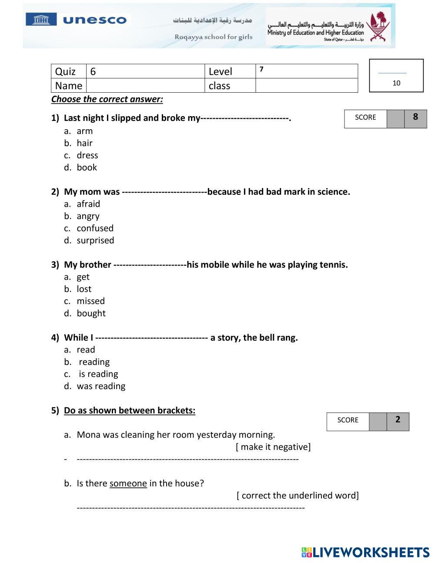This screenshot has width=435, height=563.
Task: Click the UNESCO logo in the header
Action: (x=77, y=20)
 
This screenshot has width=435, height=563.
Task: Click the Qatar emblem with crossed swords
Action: (x=377, y=27)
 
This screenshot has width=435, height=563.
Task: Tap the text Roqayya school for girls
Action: (x=213, y=37)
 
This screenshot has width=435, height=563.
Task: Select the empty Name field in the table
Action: (x=145, y=86)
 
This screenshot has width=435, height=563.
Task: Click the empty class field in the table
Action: (x=306, y=86)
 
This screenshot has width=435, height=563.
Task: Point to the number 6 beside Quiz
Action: (x=93, y=72)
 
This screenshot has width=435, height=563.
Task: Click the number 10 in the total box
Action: (x=396, y=83)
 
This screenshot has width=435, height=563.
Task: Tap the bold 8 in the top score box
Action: (x=415, y=117)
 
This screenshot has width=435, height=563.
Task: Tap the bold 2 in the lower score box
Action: (x=398, y=420)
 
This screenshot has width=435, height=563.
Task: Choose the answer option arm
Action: (x=84, y=131)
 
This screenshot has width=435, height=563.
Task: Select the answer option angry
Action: (x=88, y=216)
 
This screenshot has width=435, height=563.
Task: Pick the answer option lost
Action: (x=84, y=289)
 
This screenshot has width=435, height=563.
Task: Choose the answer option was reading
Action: (x=101, y=386)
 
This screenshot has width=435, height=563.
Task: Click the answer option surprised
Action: (x=95, y=241)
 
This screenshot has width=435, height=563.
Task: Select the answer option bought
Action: (x=91, y=313)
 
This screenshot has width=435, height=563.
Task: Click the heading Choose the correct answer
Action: (x=107, y=99)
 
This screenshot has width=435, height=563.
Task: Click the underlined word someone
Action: (x=128, y=483)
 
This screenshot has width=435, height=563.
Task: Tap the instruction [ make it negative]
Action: (x=273, y=447)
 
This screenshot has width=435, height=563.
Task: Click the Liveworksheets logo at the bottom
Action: (x=365, y=553)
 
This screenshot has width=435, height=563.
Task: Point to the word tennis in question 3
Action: (x=333, y=265)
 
